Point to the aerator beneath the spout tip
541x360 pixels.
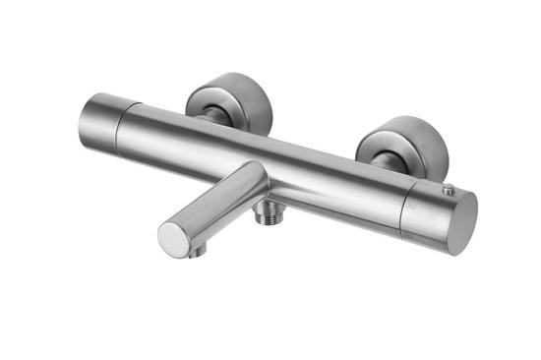tap(198, 251)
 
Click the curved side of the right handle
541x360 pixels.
tap(423, 211)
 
